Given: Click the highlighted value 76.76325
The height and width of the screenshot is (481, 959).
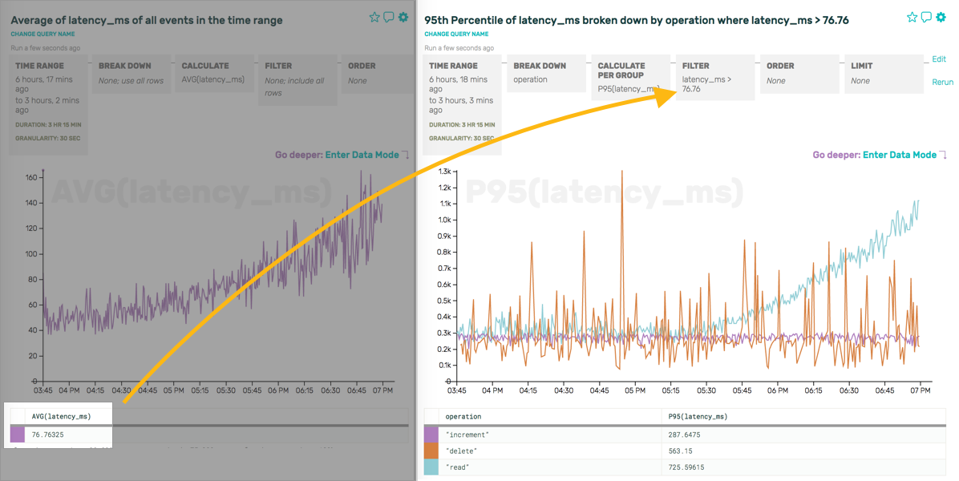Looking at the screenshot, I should [x=48, y=435].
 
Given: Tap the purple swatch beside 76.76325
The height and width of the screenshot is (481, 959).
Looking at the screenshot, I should [x=18, y=435].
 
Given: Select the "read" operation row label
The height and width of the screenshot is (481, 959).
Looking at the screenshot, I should [x=457, y=467].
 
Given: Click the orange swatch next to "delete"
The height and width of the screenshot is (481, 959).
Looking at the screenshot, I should [x=431, y=451].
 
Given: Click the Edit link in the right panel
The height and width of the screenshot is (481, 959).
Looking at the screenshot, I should [x=939, y=59].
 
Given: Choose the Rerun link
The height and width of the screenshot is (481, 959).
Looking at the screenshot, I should [x=942, y=82].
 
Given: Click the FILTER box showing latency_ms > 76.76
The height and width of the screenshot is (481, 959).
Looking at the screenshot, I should [x=715, y=77].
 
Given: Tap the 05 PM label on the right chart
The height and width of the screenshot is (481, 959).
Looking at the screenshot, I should [x=634, y=390].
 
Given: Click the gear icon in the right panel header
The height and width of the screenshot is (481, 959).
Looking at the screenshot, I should [x=941, y=17].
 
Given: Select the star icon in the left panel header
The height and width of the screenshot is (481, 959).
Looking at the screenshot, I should [x=374, y=17].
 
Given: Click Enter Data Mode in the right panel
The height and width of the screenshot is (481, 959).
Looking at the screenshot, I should [x=899, y=155].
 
